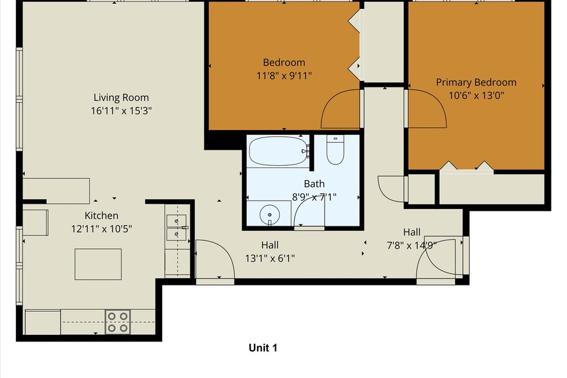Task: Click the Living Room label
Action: (121, 98)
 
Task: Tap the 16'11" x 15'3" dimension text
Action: (121, 110)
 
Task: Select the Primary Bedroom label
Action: (476, 82)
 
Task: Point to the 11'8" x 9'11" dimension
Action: (283, 75)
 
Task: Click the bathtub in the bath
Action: (278, 152)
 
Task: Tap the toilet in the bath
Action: (335, 150)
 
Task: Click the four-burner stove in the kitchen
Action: (118, 321)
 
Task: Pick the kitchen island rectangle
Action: (98, 264)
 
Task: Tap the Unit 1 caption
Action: (262, 348)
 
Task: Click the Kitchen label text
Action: (101, 215)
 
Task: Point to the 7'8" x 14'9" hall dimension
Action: (411, 244)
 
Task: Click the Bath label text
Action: (314, 184)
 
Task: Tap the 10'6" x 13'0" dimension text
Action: (476, 95)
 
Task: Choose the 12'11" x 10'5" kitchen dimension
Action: (101, 228)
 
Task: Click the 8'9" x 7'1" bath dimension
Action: (314, 197)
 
